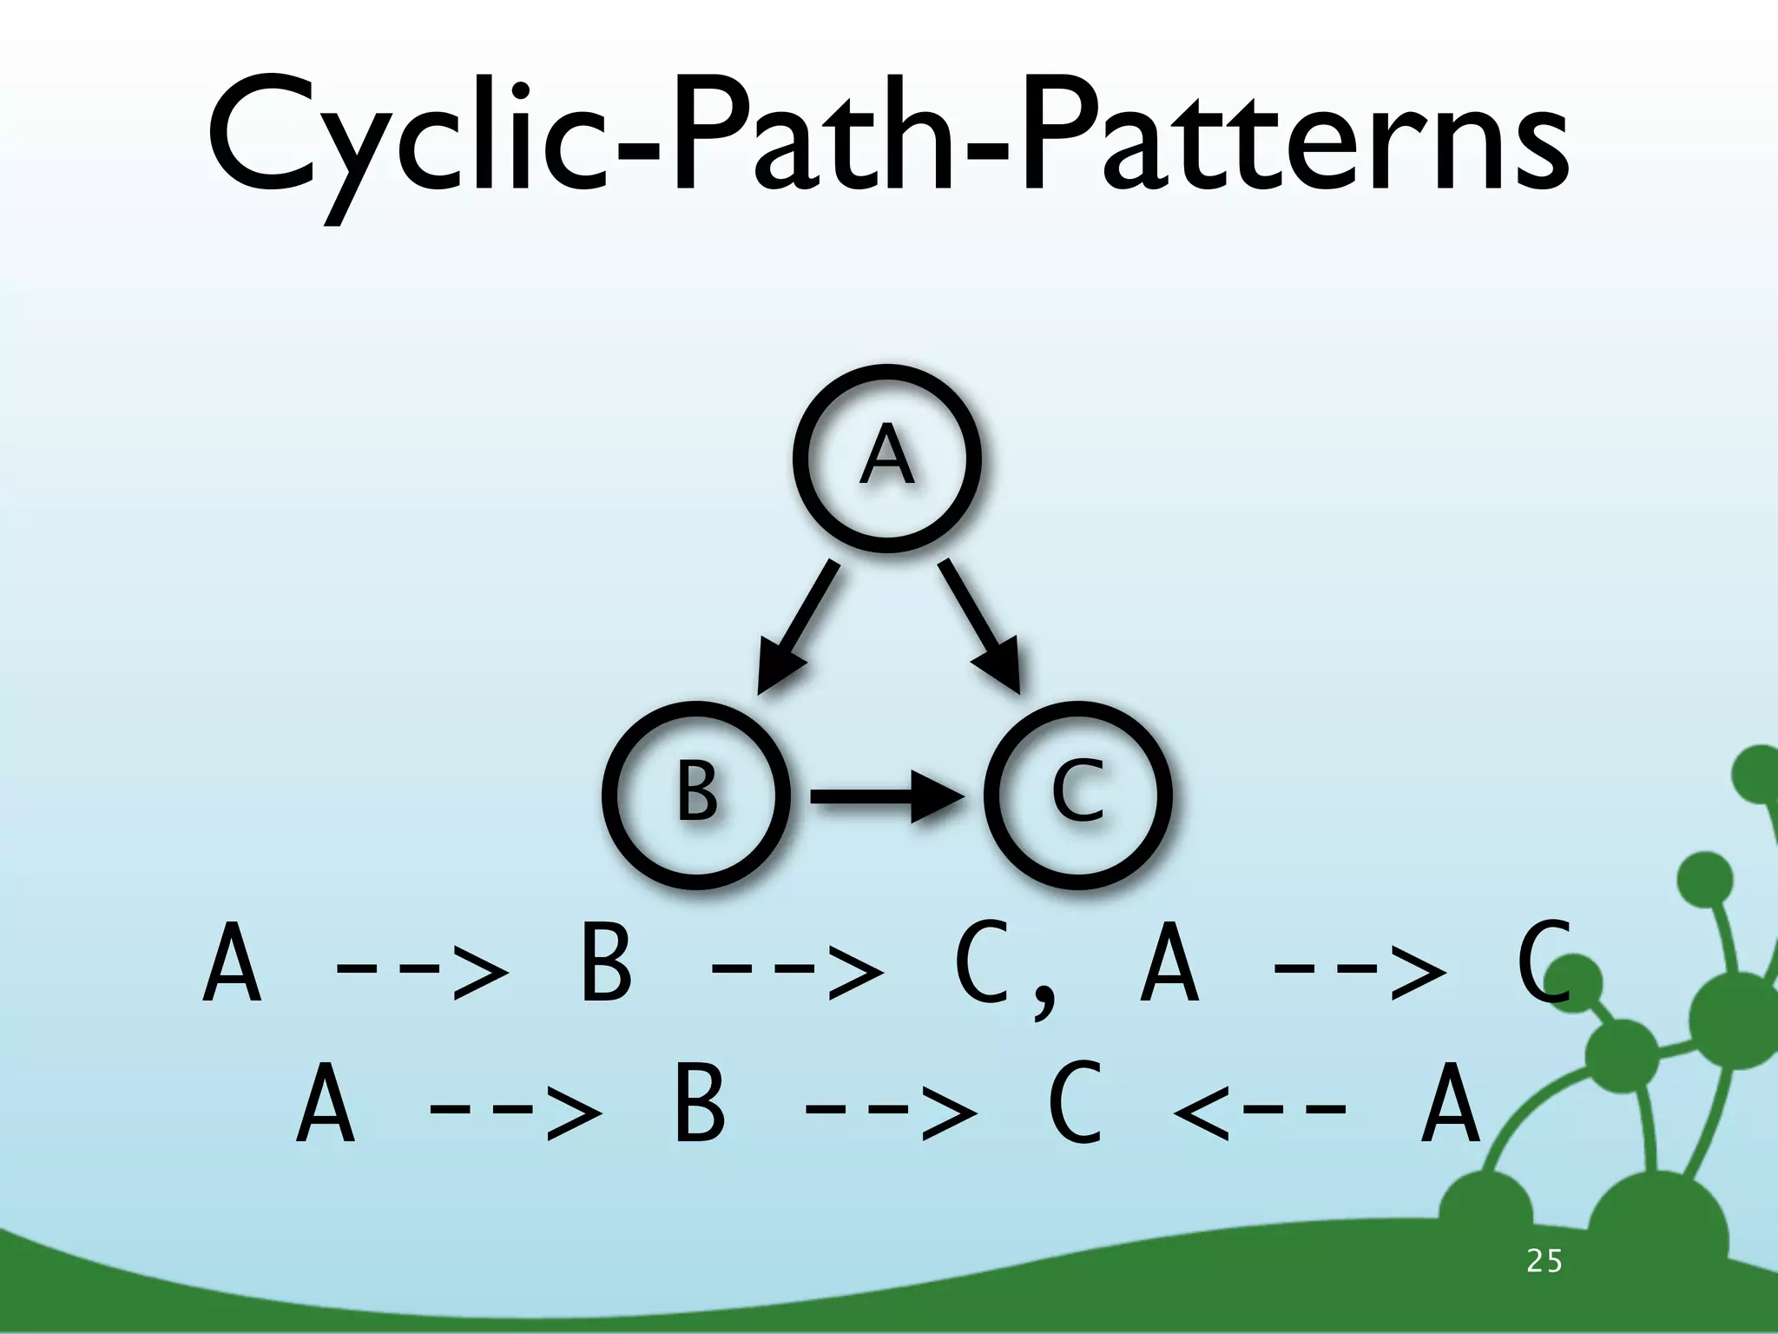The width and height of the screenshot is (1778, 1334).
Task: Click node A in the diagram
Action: (886, 458)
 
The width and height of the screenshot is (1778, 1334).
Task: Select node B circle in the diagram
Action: (696, 794)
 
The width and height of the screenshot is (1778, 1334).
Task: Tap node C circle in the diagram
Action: (1077, 794)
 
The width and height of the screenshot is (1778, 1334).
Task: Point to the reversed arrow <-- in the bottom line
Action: (1260, 1108)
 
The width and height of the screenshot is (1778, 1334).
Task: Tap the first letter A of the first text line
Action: (231, 963)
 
